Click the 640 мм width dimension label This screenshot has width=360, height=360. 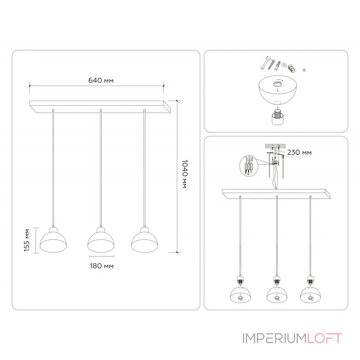pyautogui.click(x=101, y=81)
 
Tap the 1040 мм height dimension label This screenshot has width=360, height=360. pyautogui.click(x=185, y=174)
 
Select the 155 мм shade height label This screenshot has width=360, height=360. pyautogui.click(x=27, y=240)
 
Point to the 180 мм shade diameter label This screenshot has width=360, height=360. pyautogui.click(x=102, y=266)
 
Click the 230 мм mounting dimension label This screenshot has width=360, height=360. pyautogui.click(x=299, y=153)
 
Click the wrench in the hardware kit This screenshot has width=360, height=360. pyautogui.click(x=265, y=63)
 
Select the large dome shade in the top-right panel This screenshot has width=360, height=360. pyautogui.click(x=278, y=90)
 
